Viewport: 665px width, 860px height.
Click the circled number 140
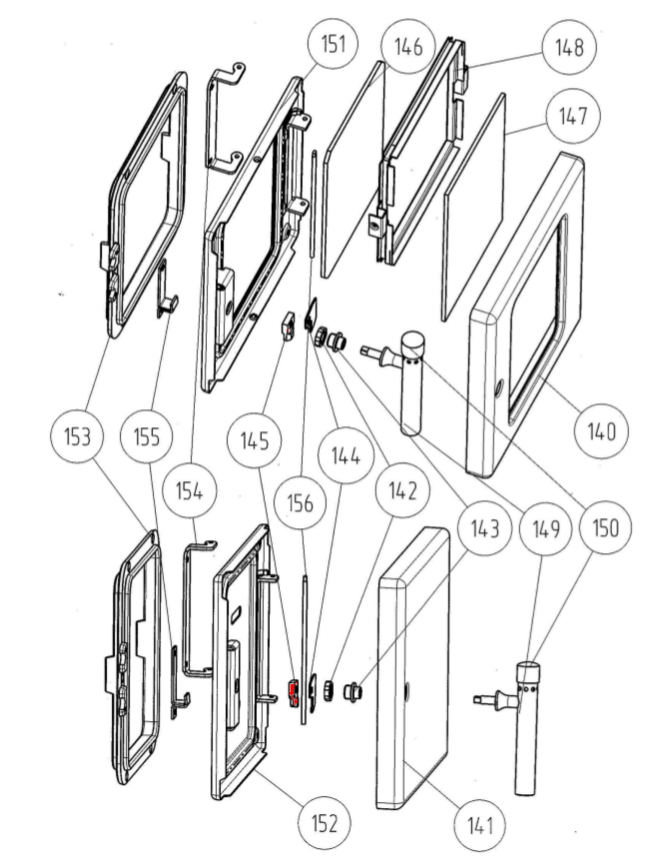click(602, 430)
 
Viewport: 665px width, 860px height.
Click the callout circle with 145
click(255, 436)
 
